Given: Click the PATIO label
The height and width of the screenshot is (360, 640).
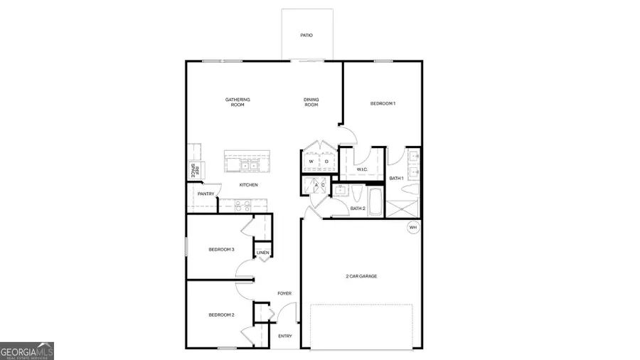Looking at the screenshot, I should point(306,35).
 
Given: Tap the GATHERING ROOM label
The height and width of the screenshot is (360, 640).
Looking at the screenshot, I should point(238,102).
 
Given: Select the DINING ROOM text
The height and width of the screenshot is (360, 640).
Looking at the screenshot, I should point(311,102).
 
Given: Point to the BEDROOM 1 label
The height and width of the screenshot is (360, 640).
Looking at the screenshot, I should point(383,104).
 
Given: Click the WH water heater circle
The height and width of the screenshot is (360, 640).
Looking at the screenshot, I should point(413,228).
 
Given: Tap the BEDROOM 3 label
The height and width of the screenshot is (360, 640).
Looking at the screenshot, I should point(221,249).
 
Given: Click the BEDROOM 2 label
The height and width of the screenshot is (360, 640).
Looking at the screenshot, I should point(221,314).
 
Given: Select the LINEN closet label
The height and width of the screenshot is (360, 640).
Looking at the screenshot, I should point(262,253).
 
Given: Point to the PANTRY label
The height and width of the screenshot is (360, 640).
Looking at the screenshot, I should point(206,194).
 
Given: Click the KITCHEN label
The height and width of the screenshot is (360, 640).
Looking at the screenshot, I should point(248,185).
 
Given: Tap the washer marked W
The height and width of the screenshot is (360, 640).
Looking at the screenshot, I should point(311,162).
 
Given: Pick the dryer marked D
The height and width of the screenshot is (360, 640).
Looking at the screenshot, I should point(326,162).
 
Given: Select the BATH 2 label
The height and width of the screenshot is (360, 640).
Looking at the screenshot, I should point(358,208).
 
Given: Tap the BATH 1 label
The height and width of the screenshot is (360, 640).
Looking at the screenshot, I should point(396,178).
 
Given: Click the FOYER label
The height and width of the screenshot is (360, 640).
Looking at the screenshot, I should point(284,293).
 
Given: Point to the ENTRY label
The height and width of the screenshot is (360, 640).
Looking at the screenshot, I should point(285,336).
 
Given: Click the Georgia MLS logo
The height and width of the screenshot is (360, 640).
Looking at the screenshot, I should point(27,351).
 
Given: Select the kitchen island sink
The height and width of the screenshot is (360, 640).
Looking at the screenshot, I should point(247,166).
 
